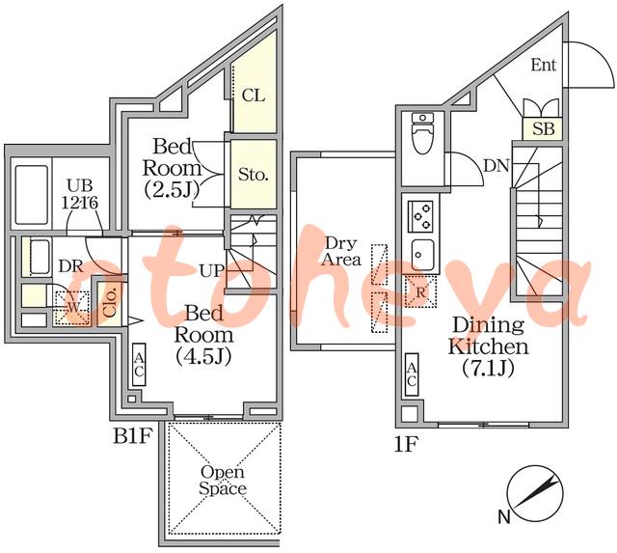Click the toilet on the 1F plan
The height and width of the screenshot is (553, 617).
422,133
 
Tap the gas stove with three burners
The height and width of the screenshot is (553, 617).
420,216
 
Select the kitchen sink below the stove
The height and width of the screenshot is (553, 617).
422,255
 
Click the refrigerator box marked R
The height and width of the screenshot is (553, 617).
420,292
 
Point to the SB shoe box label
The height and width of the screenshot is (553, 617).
544,128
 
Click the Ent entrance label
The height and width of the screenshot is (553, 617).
544,65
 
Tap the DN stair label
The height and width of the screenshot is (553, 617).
496,166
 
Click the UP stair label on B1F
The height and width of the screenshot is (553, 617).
212,271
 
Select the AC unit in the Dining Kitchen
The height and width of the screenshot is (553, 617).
412,374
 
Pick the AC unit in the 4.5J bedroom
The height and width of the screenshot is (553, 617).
139,365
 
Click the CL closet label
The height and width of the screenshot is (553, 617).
254,96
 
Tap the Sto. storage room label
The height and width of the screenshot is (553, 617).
254,174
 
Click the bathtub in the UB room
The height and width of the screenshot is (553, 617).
31,195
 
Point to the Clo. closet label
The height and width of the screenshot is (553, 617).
110,303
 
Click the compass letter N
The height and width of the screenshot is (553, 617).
504,516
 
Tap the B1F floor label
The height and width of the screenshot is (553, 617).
132,437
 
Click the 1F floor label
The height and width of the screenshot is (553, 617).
405,445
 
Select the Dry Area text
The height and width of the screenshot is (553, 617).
340,251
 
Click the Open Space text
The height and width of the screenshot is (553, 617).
223,480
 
